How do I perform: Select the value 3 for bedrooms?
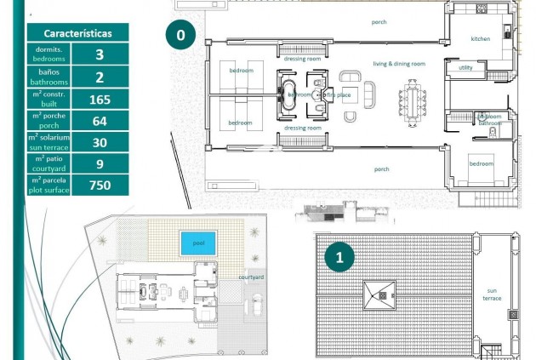100,54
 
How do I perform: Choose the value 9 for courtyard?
100,163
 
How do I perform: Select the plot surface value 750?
100,185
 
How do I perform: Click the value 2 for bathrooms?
100,77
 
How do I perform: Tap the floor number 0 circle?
180,36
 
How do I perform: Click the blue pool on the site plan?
198,243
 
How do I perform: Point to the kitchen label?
481,39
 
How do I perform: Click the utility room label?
465,67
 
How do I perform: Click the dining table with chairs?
413,103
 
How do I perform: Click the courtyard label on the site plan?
250,277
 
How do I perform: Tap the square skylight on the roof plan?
379,295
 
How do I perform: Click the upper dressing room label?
301,60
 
